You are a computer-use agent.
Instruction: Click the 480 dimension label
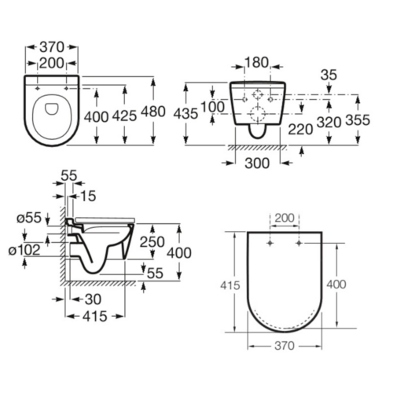(x=153, y=112)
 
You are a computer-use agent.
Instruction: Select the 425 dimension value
(x=124, y=116)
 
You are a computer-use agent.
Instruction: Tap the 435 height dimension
(x=185, y=114)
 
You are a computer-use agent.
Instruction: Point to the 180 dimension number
(x=256, y=63)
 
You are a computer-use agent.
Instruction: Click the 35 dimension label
(x=329, y=75)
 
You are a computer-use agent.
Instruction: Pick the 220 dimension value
(x=300, y=129)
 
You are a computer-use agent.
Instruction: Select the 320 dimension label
(x=329, y=122)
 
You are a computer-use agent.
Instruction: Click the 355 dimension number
(x=358, y=120)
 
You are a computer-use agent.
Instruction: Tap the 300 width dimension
(x=257, y=163)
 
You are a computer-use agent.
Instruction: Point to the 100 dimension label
(x=212, y=107)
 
